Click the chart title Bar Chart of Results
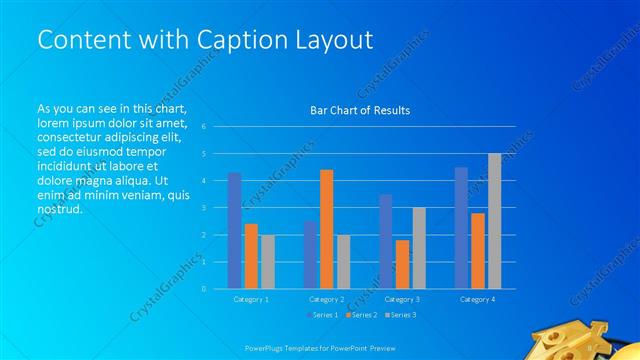coord(360,110)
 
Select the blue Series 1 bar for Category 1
coord(234,231)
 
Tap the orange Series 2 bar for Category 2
coord(326,229)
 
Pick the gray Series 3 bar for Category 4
coord(494,221)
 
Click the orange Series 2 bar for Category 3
coord(402,264)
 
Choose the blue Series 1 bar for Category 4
coord(461,228)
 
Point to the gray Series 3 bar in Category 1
coord(268,262)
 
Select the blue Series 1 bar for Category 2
coord(310,255)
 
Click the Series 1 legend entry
coord(323,315)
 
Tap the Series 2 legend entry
coord(361,315)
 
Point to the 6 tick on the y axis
coord(203,127)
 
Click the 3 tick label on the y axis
coord(203,208)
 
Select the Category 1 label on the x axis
coord(251,299)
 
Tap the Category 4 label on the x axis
coord(477,299)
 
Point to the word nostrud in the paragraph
coord(59,210)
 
